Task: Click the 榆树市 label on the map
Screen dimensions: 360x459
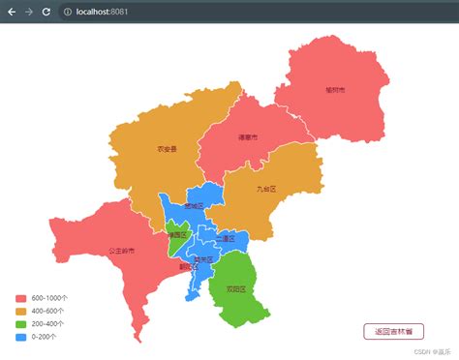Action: [335, 90]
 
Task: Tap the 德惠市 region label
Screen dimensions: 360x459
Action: [249, 137]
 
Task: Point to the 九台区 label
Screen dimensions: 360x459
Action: [266, 189]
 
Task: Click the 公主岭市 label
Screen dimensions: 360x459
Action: [122, 251]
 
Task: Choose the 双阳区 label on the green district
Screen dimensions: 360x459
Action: [236, 288]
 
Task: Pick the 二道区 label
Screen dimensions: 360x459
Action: [227, 238]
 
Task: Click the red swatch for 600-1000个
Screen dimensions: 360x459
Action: [20, 298]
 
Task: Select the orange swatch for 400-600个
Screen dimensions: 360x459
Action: [20, 311]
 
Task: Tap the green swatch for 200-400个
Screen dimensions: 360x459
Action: [20, 324]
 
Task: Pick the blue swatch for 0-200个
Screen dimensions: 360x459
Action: [20, 337]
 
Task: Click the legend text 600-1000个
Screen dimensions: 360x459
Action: [48, 298]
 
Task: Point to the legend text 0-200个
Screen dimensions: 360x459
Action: [45, 337]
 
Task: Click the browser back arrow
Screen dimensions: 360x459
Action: [12, 12]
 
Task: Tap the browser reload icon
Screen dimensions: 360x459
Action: [46, 12]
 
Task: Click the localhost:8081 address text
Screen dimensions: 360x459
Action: [104, 12]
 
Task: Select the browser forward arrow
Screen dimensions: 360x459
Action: [28, 12]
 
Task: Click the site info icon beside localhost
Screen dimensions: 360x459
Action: [67, 12]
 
